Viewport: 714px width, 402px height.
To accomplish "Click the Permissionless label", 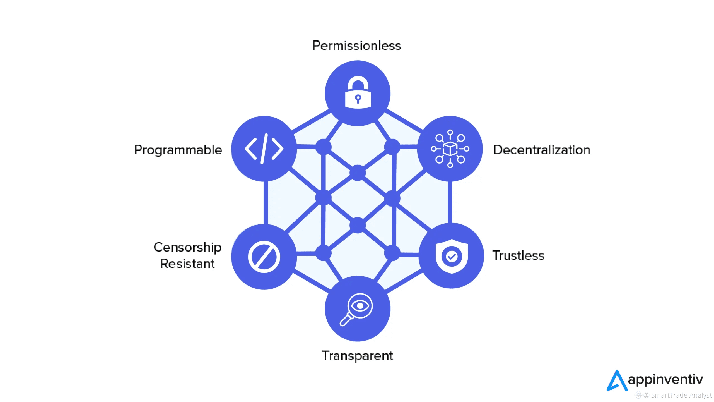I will [x=357, y=46].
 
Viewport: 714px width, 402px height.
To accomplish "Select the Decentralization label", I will [x=542, y=150].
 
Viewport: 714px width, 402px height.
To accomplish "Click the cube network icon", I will [x=450, y=149].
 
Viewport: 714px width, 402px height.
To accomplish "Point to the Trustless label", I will [x=518, y=255].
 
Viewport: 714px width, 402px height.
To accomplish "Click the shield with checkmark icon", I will [x=452, y=256].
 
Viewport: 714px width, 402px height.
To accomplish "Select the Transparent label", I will [x=357, y=356].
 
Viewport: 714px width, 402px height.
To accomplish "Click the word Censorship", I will [x=187, y=247].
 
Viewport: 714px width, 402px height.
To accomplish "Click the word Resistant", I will [x=187, y=264].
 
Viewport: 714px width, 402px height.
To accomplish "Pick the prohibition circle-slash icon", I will [x=264, y=257].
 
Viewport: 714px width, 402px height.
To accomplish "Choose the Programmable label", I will [x=178, y=150].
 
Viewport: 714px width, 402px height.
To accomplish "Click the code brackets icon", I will [x=264, y=149].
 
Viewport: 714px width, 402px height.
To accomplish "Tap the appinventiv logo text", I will [x=665, y=379].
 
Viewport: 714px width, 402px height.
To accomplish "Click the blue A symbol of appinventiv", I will [x=617, y=381].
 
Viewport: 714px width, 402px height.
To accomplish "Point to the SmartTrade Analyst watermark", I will [x=678, y=395].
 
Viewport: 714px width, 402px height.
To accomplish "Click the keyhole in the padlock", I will [x=358, y=98].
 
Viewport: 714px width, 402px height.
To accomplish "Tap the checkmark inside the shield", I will [x=452, y=256].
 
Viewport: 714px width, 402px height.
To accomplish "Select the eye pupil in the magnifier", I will [x=360, y=306].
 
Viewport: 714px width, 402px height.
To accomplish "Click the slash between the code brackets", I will [x=264, y=149].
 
